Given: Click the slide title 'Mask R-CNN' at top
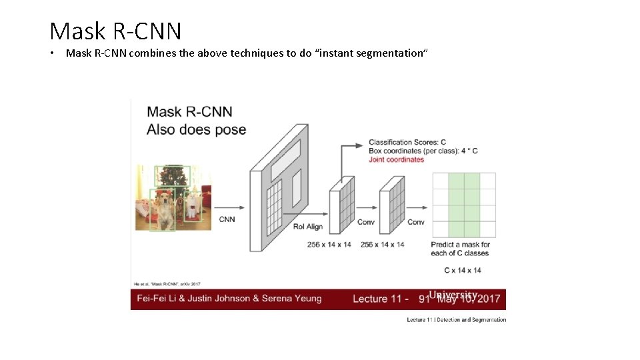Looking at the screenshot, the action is pos(115,31).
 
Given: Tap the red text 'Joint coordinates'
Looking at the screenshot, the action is pos(396,159).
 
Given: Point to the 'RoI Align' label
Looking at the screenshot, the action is pos(308,227).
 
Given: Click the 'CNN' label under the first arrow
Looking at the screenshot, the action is pos(227,219).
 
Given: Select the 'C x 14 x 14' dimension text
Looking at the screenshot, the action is pos(463,270).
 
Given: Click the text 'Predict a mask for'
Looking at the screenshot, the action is pos(461,245).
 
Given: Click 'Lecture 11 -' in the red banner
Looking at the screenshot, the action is pos(381,299).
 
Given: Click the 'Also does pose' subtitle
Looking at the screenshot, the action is pos(197,129).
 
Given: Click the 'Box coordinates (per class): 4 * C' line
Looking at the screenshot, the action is pos(423,151).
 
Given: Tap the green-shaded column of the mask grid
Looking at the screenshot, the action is pos(464,205).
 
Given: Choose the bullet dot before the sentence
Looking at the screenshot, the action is pos(52,53).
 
